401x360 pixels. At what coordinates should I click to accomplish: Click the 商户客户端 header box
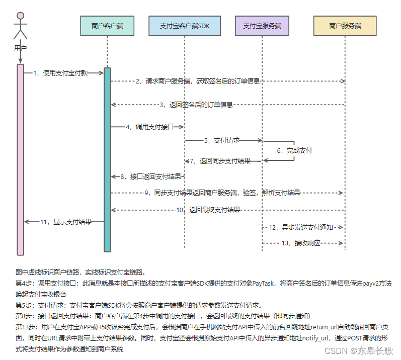tap(107, 26)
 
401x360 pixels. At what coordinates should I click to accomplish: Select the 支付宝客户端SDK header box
tap(185, 26)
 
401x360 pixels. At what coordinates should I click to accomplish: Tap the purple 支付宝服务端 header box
tap(262, 26)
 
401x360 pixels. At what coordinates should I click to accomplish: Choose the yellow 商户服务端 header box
tap(345, 26)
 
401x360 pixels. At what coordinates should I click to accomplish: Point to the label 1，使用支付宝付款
tap(60, 73)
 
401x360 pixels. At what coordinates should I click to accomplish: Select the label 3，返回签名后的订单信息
tap(196, 105)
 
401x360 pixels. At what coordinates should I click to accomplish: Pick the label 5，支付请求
tap(221, 141)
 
